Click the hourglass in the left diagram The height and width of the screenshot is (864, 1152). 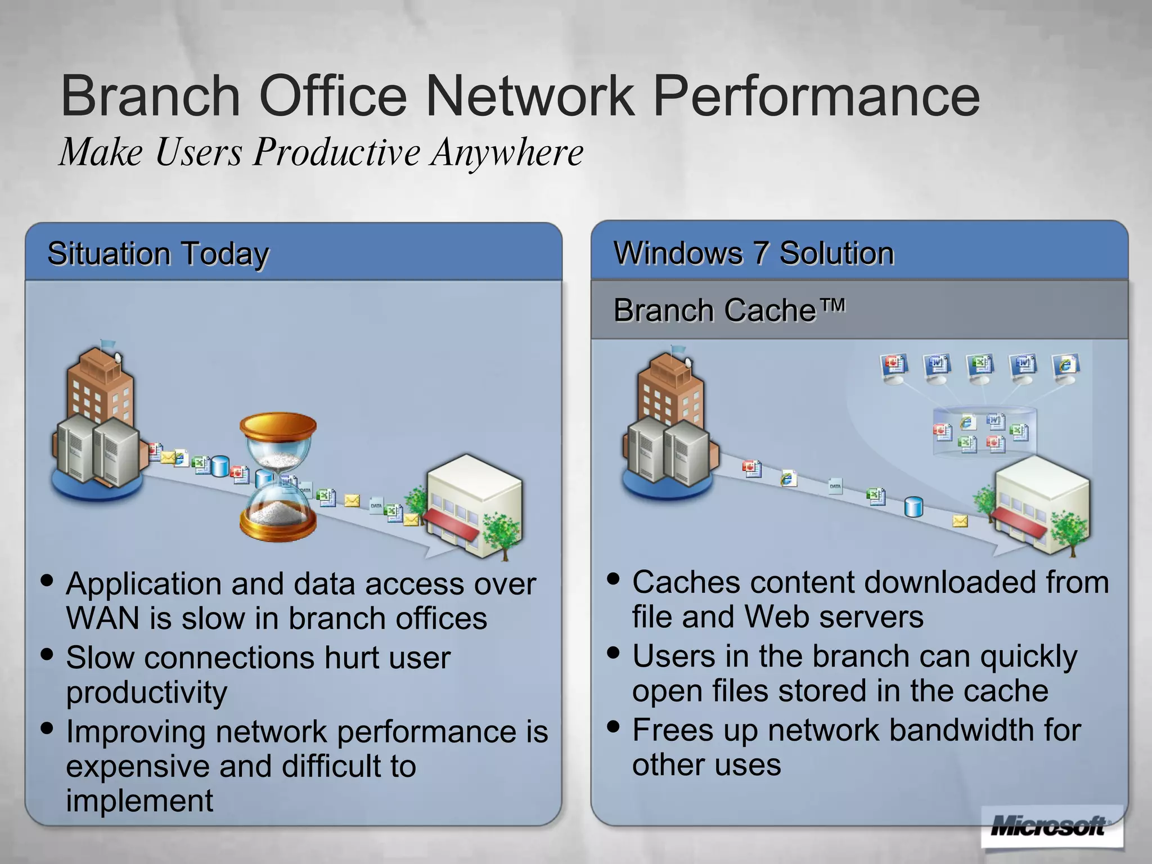[278, 477]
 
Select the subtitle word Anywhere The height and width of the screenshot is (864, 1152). [506, 153]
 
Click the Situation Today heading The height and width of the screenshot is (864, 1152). [158, 254]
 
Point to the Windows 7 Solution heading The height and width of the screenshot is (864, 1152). [753, 253]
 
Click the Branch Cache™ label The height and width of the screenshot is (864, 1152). [729, 310]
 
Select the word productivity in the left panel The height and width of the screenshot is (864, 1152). [147, 692]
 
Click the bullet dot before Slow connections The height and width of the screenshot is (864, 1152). [47, 655]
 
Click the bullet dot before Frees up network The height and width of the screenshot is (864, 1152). [614, 726]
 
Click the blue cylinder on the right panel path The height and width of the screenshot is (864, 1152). [913, 507]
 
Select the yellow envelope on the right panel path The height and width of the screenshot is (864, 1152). [960, 521]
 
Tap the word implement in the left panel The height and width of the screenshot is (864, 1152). [139, 801]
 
